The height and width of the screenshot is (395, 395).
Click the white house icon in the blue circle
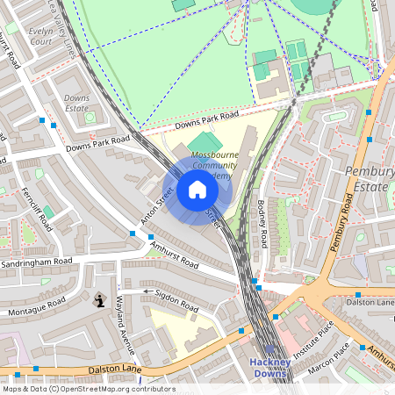[x=197, y=190]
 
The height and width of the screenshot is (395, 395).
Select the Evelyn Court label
[x=41, y=34]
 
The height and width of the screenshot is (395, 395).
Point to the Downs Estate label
[x=77, y=103]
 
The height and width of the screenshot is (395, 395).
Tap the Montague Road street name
[x=38, y=307]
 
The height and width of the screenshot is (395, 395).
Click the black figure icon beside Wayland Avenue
[x=98, y=300]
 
